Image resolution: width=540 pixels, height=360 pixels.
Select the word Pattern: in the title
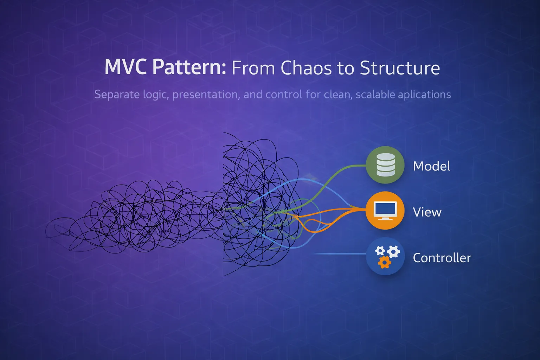[189, 67]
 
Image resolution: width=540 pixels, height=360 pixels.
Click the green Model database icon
[385, 165]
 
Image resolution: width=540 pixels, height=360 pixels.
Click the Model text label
[431, 166]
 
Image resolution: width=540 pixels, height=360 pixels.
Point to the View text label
[427, 212]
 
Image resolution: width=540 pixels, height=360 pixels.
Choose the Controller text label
[442, 258]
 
